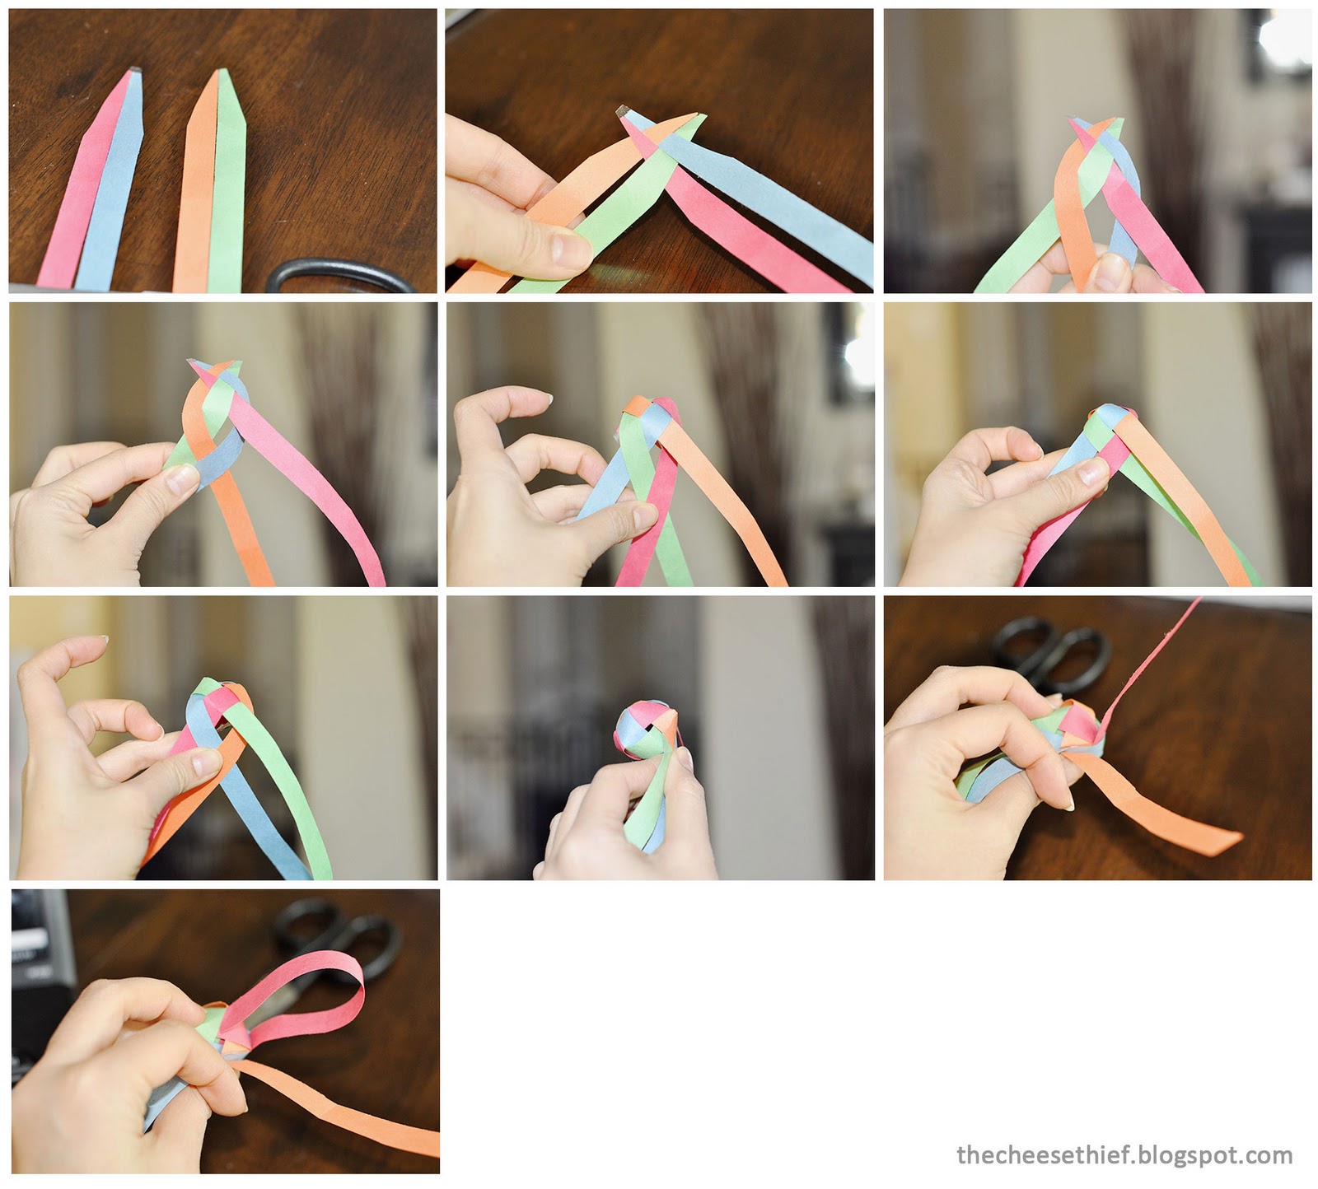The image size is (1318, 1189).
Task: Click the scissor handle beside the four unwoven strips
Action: pyautogui.click(x=342, y=276)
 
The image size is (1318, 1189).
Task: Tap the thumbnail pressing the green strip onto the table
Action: pyautogui.click(x=569, y=245)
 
